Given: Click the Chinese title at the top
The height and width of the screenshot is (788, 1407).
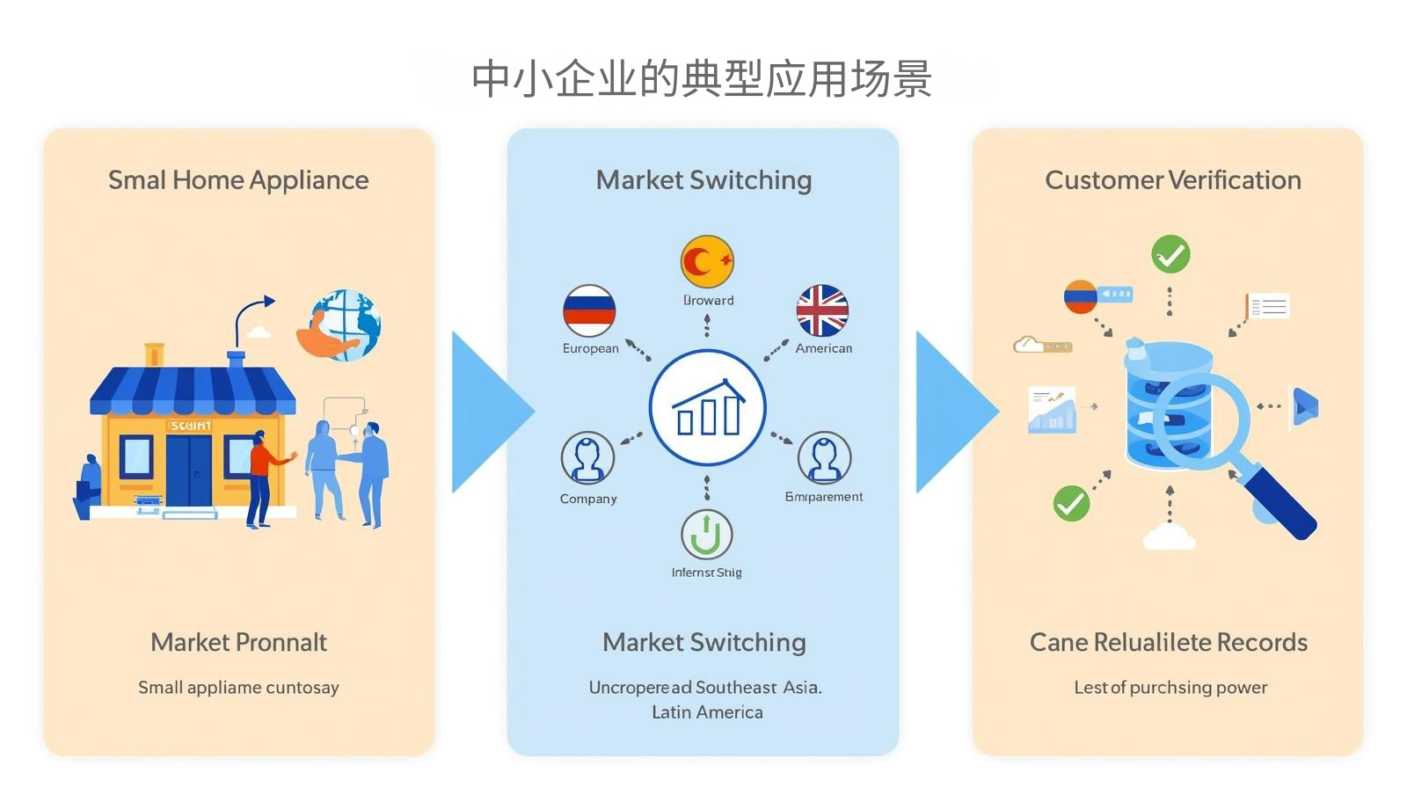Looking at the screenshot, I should point(702,79).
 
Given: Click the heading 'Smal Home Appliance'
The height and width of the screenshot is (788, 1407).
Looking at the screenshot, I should point(238,180).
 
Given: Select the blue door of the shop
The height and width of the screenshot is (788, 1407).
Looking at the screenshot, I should point(189,470).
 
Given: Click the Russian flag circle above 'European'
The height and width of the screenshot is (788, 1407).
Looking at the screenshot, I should point(589,310).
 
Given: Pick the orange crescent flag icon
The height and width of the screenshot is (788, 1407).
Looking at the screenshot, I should point(707,261).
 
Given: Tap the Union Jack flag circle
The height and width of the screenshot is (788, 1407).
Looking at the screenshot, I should point(822,310).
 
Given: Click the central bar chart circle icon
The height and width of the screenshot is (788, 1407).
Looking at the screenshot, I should point(708,408).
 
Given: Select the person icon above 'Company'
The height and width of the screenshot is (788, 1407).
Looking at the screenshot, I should point(587,457).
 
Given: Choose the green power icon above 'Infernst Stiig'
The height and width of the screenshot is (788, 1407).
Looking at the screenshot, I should point(706,534).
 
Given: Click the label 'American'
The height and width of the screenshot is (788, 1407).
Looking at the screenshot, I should point(824,348).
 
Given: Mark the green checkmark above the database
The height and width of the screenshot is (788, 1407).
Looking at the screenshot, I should point(1170,254).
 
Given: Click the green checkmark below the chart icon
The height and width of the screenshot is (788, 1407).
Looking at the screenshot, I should point(1071,504).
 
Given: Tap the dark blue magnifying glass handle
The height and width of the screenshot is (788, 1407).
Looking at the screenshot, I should point(1280,502).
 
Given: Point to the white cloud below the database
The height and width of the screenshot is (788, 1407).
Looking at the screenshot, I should point(1169,536).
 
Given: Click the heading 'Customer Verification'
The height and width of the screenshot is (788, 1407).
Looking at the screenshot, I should point(1172,180).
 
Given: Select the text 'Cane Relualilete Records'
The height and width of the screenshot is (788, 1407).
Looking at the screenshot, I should point(1168,643).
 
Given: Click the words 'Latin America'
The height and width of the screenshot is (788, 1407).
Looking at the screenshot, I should point(707,712).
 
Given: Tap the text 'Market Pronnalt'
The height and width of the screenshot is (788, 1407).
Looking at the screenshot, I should point(238,643).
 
